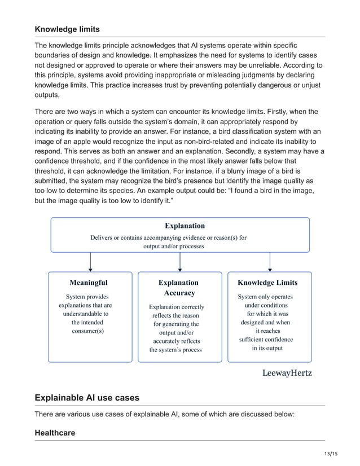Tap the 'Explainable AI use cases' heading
(x=87, y=398)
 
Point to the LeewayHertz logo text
(x=287, y=373)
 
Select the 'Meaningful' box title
(x=88, y=282)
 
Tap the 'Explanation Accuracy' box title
(x=178, y=287)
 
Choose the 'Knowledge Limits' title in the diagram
(x=267, y=282)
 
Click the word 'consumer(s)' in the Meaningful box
(x=88, y=331)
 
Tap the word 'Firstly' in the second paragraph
(x=273, y=112)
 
